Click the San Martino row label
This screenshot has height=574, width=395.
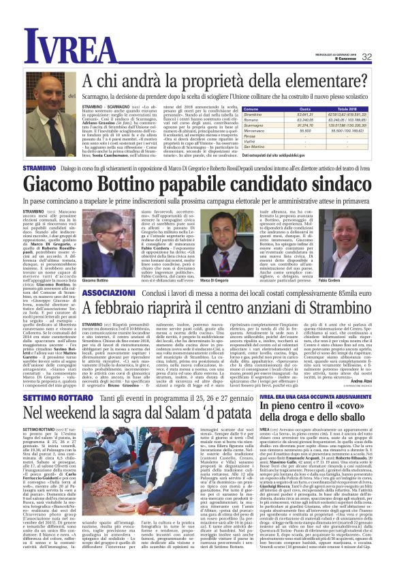(257, 147)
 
